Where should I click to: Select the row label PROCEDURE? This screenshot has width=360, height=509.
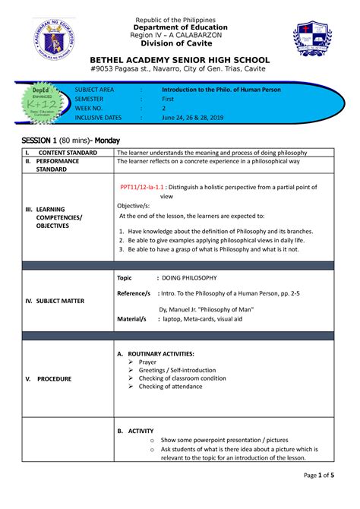(55, 378)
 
